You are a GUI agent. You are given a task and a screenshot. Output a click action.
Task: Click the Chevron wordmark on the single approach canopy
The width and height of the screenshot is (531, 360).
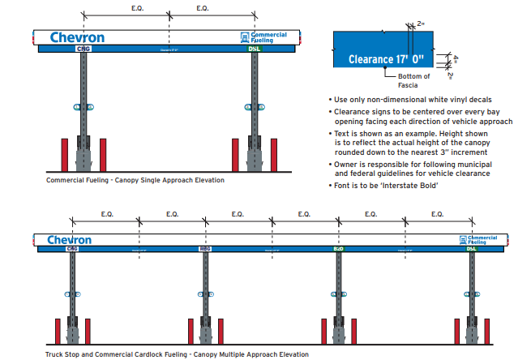(77, 37)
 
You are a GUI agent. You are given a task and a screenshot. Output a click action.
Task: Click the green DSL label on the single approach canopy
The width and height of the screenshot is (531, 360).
(255, 49)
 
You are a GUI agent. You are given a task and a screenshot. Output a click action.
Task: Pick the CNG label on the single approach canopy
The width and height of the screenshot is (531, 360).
(83, 49)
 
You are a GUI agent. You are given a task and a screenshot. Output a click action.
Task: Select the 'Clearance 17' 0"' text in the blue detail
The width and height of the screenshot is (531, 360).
(385, 59)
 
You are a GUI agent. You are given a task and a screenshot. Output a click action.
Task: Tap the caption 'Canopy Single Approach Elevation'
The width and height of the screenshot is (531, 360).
(171, 180)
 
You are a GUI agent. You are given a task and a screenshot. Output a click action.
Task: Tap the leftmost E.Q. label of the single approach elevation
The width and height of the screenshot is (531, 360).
(137, 7)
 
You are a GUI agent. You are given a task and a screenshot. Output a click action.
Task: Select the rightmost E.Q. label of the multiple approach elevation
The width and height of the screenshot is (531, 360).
(439, 214)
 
